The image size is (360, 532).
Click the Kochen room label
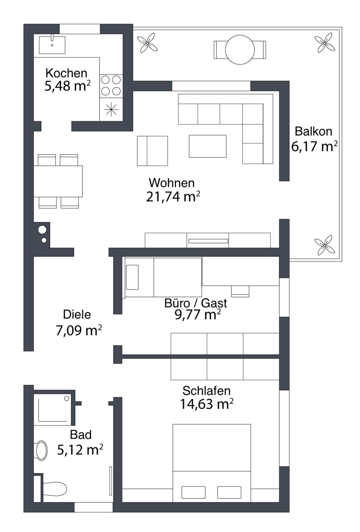(66, 73)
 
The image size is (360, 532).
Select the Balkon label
(313, 131)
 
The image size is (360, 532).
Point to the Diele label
(77, 314)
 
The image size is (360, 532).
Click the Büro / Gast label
(196, 303)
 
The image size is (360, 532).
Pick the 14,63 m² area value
(207, 404)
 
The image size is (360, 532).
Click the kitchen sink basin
(52, 45)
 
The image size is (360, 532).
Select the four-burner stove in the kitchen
(111, 86)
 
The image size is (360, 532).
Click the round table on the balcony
(240, 50)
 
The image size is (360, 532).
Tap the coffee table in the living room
(207, 146)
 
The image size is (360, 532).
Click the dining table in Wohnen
(58, 181)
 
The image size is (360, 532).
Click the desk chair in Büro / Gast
(240, 291)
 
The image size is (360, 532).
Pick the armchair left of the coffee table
(153, 151)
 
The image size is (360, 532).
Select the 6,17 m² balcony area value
(314, 146)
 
